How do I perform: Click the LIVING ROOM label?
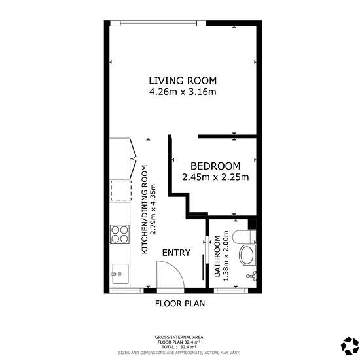click(183, 81)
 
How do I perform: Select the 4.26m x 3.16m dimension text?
click(183, 92)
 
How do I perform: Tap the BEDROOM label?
click(215, 166)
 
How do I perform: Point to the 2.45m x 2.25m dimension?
click(215, 177)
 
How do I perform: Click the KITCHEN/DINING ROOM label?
click(145, 209)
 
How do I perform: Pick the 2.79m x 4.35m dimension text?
click(153, 209)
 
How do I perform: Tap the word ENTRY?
click(176, 253)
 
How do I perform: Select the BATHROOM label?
click(217, 256)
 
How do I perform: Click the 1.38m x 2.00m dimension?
click(226, 256)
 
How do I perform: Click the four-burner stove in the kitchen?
click(120, 234)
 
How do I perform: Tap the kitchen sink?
click(120, 274)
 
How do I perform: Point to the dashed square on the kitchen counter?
click(121, 190)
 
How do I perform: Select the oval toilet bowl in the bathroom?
click(247, 255)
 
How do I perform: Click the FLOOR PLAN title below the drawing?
click(180, 304)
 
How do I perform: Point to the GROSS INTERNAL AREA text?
click(179, 337)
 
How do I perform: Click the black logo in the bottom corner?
click(350, 346)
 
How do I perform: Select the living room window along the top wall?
click(158, 23)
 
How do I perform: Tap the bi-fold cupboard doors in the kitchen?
click(133, 158)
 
